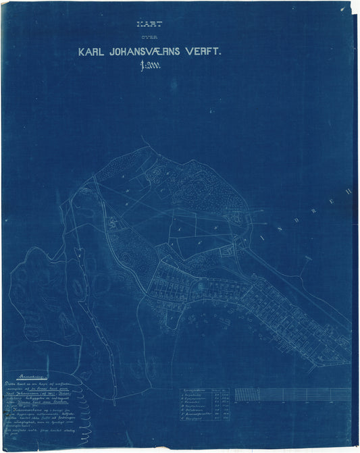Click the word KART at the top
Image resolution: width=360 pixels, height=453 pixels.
(x=145, y=23)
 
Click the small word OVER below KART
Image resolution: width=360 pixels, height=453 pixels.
(x=145, y=37)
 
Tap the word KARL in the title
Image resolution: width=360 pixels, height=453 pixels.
(x=95, y=51)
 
